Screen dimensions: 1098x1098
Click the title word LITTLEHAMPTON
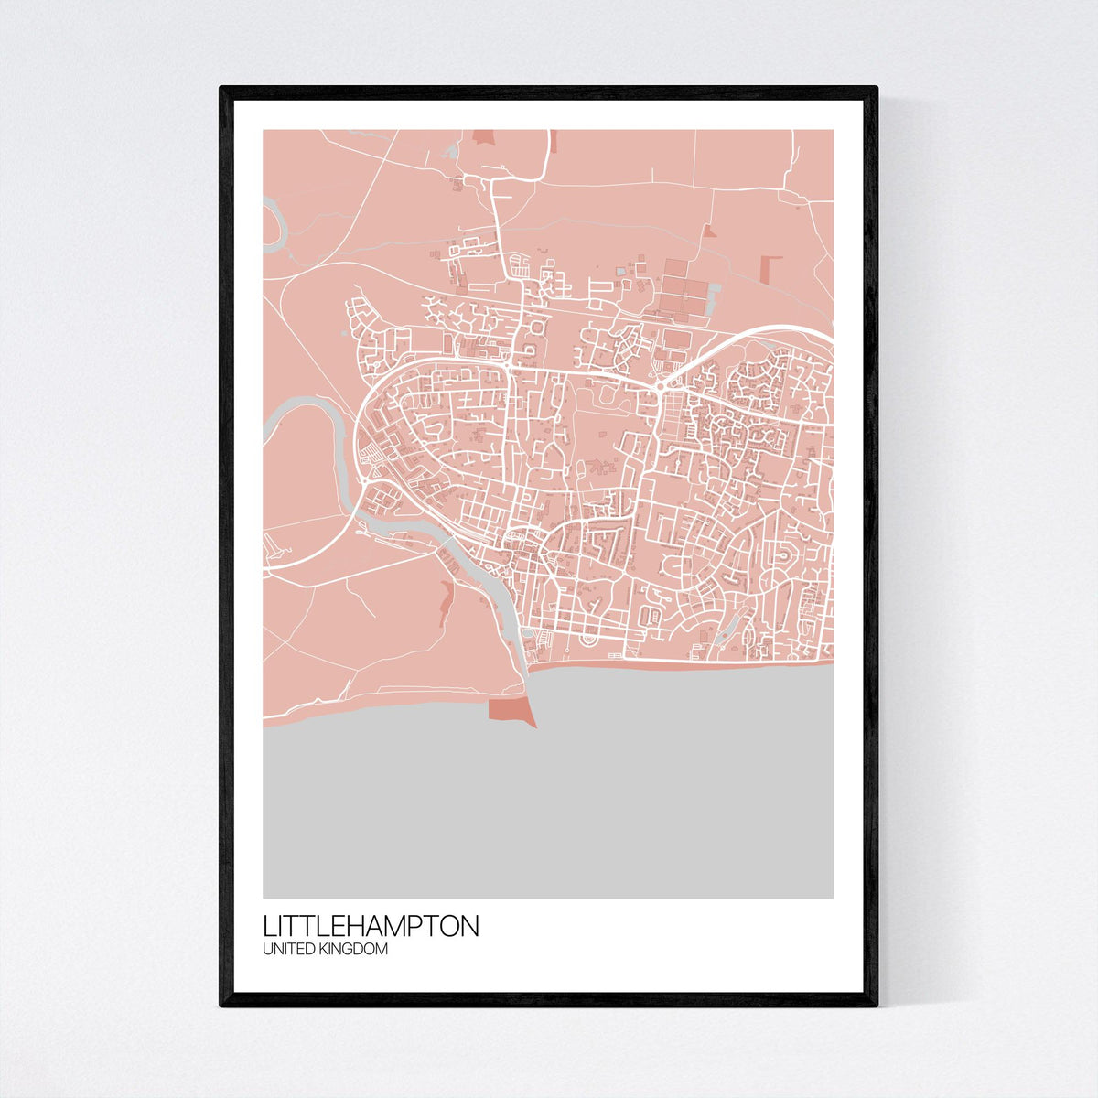point(371,925)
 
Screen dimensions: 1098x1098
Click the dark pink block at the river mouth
point(509,710)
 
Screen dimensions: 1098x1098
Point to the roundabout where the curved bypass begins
point(660,387)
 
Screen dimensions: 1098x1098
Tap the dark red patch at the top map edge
point(482,137)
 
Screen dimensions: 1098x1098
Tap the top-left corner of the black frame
point(222,89)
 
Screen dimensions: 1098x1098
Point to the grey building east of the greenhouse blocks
point(716,291)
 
